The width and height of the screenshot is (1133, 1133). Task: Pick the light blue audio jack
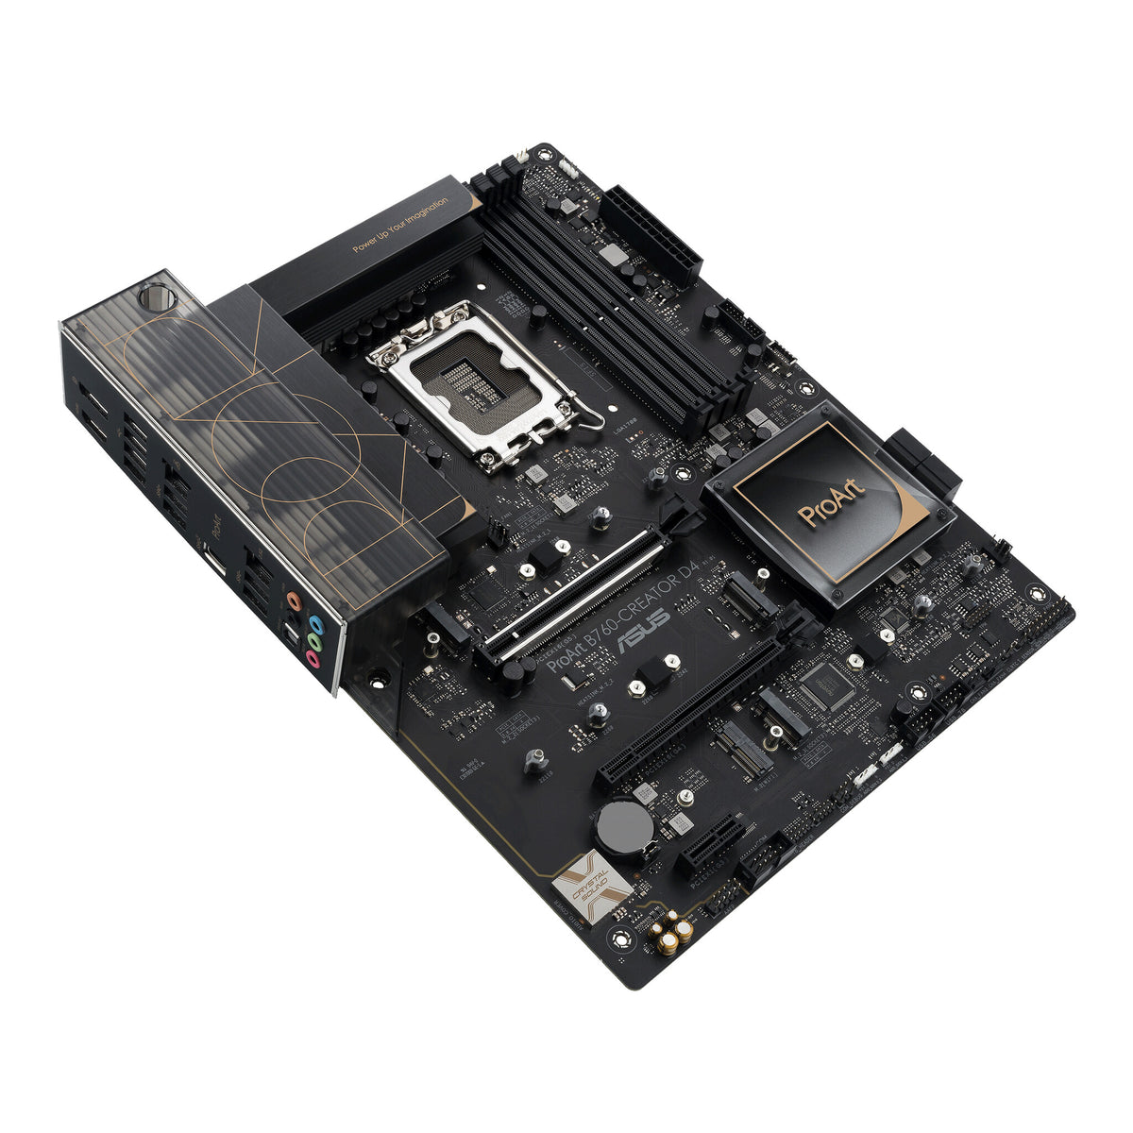317,623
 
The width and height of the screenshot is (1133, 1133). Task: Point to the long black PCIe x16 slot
694,709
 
